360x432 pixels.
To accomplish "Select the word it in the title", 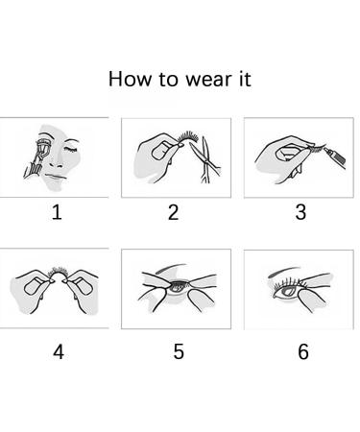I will pyautogui.click(x=243, y=79).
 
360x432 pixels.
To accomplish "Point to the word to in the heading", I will pyautogui.click(x=169, y=79).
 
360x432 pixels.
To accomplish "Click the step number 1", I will pyautogui.click(x=57, y=213).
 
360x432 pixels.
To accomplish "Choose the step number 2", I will pyautogui.click(x=174, y=213).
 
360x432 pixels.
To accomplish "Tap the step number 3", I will pyautogui.click(x=300, y=213).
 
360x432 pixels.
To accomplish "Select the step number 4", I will pyautogui.click(x=59, y=351).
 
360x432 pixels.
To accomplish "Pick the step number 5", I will pyautogui.click(x=179, y=351).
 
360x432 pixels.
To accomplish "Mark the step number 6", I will pyautogui.click(x=303, y=351).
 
